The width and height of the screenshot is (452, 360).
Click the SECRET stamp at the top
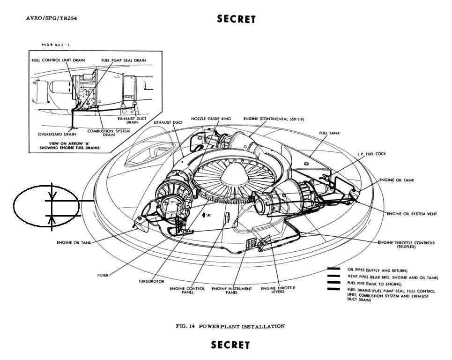click(236, 19)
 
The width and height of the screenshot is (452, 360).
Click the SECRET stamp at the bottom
click(230, 345)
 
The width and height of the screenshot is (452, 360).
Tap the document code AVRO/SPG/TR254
click(52, 18)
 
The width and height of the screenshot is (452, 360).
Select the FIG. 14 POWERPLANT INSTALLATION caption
click(230, 326)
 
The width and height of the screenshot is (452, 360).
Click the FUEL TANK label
click(329, 133)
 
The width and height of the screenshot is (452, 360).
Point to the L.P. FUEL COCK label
click(371, 154)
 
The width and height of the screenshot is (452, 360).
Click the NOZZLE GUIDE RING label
click(211, 119)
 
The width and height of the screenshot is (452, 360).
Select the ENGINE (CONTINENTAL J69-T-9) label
click(274, 119)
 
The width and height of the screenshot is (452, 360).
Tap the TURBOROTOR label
click(151, 281)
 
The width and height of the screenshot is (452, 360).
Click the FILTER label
click(103, 275)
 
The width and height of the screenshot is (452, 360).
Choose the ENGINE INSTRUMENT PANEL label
click(232, 291)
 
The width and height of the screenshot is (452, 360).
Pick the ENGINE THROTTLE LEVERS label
click(278, 290)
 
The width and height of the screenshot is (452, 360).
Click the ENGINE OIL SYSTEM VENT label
click(412, 214)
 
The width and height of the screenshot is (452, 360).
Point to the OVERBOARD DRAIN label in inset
click(57, 134)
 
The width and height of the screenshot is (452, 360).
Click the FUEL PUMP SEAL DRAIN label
click(124, 60)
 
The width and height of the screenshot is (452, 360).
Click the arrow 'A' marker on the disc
click(207, 215)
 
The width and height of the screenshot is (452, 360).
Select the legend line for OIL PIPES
click(333, 269)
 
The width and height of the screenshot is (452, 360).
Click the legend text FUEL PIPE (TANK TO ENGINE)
click(374, 284)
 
